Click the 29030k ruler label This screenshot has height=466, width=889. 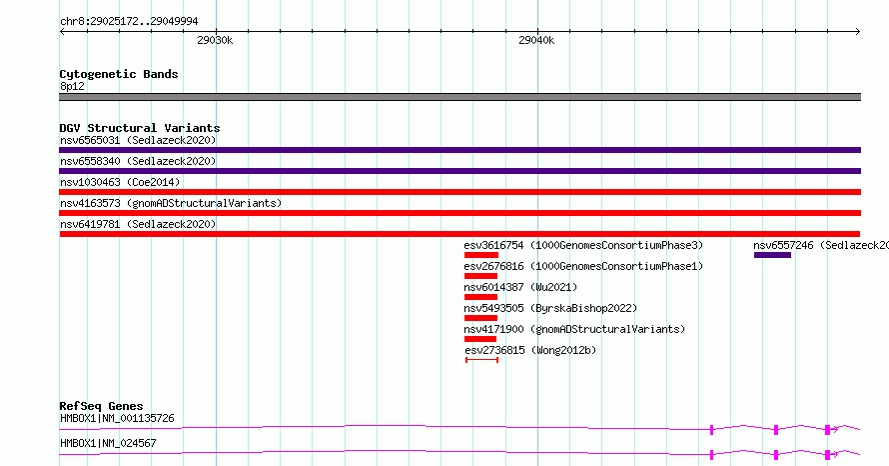pyautogui.click(x=215, y=40)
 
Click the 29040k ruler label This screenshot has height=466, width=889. pyautogui.click(x=536, y=40)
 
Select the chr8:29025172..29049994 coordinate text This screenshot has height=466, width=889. pyautogui.click(x=129, y=21)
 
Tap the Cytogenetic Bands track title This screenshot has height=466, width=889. pyautogui.click(x=119, y=74)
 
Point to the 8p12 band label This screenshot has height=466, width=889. pyautogui.click(x=72, y=86)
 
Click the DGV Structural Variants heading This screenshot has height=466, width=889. pyautogui.click(x=140, y=128)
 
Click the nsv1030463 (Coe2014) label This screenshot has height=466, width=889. pyautogui.click(x=120, y=182)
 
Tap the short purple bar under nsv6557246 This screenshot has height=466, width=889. pyautogui.click(x=772, y=255)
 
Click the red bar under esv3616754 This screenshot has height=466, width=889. pyautogui.click(x=480, y=255)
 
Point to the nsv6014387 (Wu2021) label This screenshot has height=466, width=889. pyautogui.click(x=520, y=287)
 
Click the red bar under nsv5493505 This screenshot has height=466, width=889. pyautogui.click(x=480, y=318)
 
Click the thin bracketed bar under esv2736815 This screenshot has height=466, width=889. pyautogui.click(x=481, y=360)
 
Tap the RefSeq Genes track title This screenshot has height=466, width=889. pyautogui.click(x=101, y=406)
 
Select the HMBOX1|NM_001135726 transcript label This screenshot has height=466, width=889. pyautogui.click(x=117, y=418)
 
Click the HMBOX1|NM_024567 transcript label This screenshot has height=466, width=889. pyautogui.click(x=108, y=443)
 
